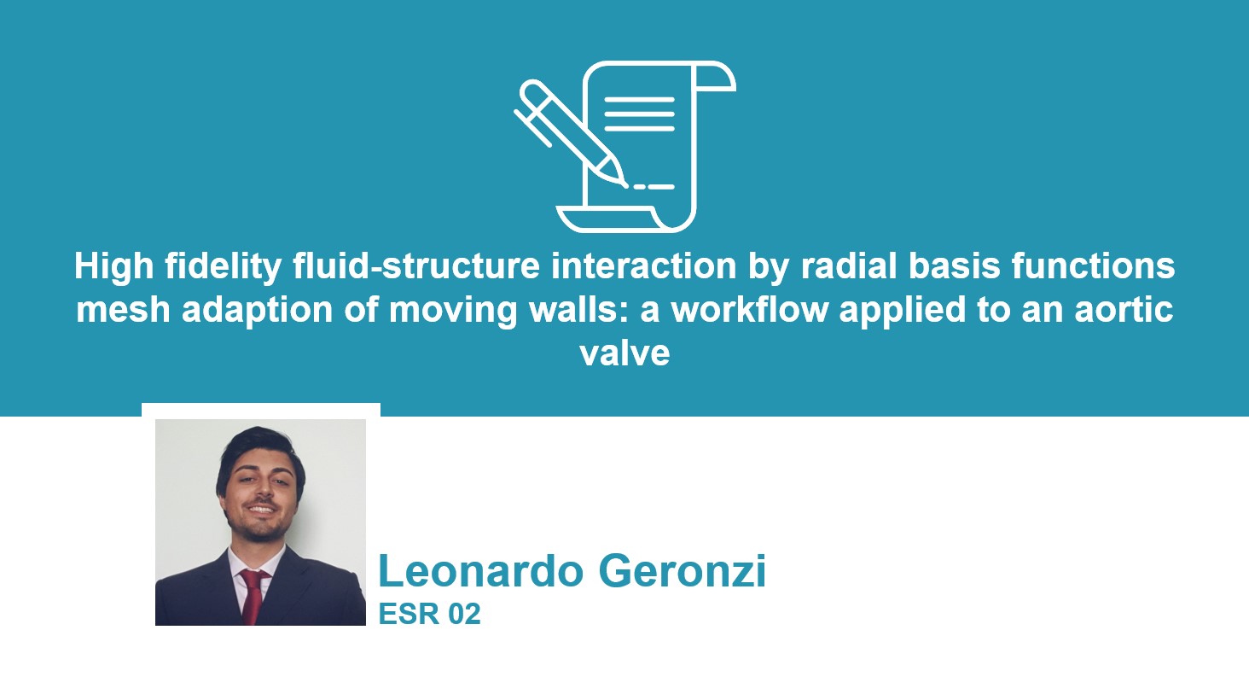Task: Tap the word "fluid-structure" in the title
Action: [x=416, y=265]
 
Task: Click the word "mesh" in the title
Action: [x=123, y=310]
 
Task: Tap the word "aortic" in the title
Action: [x=1124, y=310]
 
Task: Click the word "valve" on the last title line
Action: [x=624, y=353]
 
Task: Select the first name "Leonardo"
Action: [x=481, y=570]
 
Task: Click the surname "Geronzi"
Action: [x=683, y=570]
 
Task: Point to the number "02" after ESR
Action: [x=464, y=614]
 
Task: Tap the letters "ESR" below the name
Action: [x=409, y=614]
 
